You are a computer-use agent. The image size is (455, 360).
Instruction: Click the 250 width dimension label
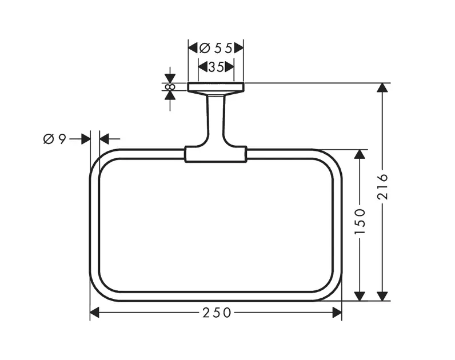point(216,313)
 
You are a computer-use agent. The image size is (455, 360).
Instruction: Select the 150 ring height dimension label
point(360,221)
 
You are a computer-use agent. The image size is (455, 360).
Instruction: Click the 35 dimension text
point(215,67)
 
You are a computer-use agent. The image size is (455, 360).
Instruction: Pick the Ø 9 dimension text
point(55,138)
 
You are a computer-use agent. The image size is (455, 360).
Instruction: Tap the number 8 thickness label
point(170,87)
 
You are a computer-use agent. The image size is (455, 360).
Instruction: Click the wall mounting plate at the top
point(215,87)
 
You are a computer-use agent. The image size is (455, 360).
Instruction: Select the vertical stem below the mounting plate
point(215,117)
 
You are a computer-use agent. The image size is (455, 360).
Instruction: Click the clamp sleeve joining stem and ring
point(215,154)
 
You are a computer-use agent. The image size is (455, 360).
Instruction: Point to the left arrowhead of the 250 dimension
point(95,313)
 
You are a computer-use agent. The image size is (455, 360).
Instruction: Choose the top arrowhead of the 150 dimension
point(360,155)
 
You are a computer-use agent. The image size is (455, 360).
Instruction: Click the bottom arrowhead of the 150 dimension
point(360,295)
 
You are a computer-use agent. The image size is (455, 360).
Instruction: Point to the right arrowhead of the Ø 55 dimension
point(238,48)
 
